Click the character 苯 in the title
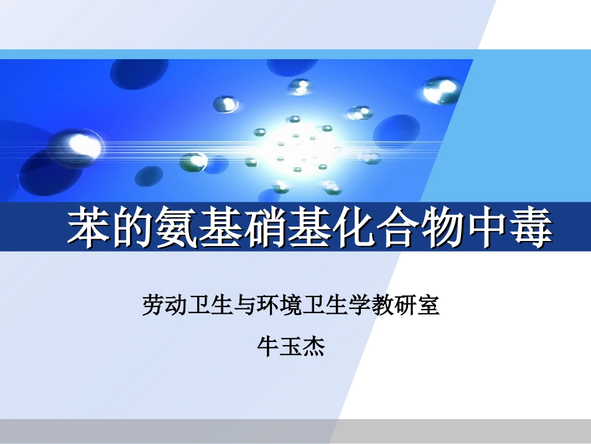click(88, 228)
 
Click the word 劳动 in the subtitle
click(163, 305)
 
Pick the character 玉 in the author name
click(291, 346)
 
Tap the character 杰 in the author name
click(314, 346)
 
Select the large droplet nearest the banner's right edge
click(441, 91)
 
